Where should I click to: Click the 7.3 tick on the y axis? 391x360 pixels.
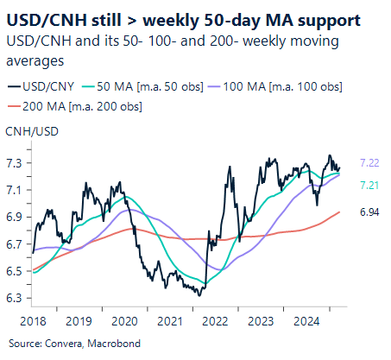click(x=15, y=162)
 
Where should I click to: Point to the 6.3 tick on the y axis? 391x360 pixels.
click(x=15, y=299)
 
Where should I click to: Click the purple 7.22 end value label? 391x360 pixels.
click(x=369, y=162)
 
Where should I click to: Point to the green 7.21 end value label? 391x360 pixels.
click(x=369, y=186)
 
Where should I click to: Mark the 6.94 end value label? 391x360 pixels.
click(x=369, y=212)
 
